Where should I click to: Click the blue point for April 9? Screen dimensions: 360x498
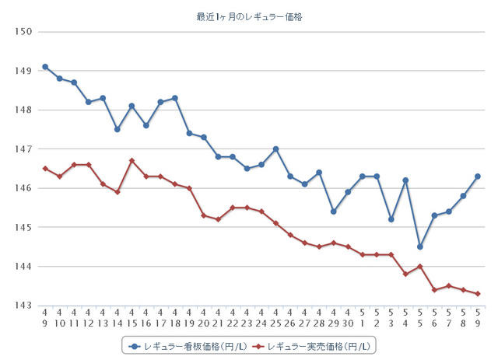point(45,67)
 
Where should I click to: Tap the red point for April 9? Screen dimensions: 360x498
point(45,168)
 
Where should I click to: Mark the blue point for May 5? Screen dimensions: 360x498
point(420,246)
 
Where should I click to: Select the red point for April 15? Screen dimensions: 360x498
point(132,160)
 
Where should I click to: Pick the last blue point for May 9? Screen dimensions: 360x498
point(478,176)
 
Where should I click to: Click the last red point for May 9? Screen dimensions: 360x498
point(478,293)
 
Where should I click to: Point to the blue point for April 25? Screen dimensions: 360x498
point(276,149)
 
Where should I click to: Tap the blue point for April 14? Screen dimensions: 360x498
point(117,129)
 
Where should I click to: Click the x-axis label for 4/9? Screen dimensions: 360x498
point(45,316)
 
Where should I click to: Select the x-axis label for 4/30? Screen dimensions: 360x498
point(348,316)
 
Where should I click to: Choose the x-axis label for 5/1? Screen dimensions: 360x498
point(363,316)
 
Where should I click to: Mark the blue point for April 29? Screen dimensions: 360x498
point(334,211)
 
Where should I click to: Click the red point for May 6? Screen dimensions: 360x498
point(434,289)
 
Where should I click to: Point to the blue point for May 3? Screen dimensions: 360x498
point(391,219)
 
